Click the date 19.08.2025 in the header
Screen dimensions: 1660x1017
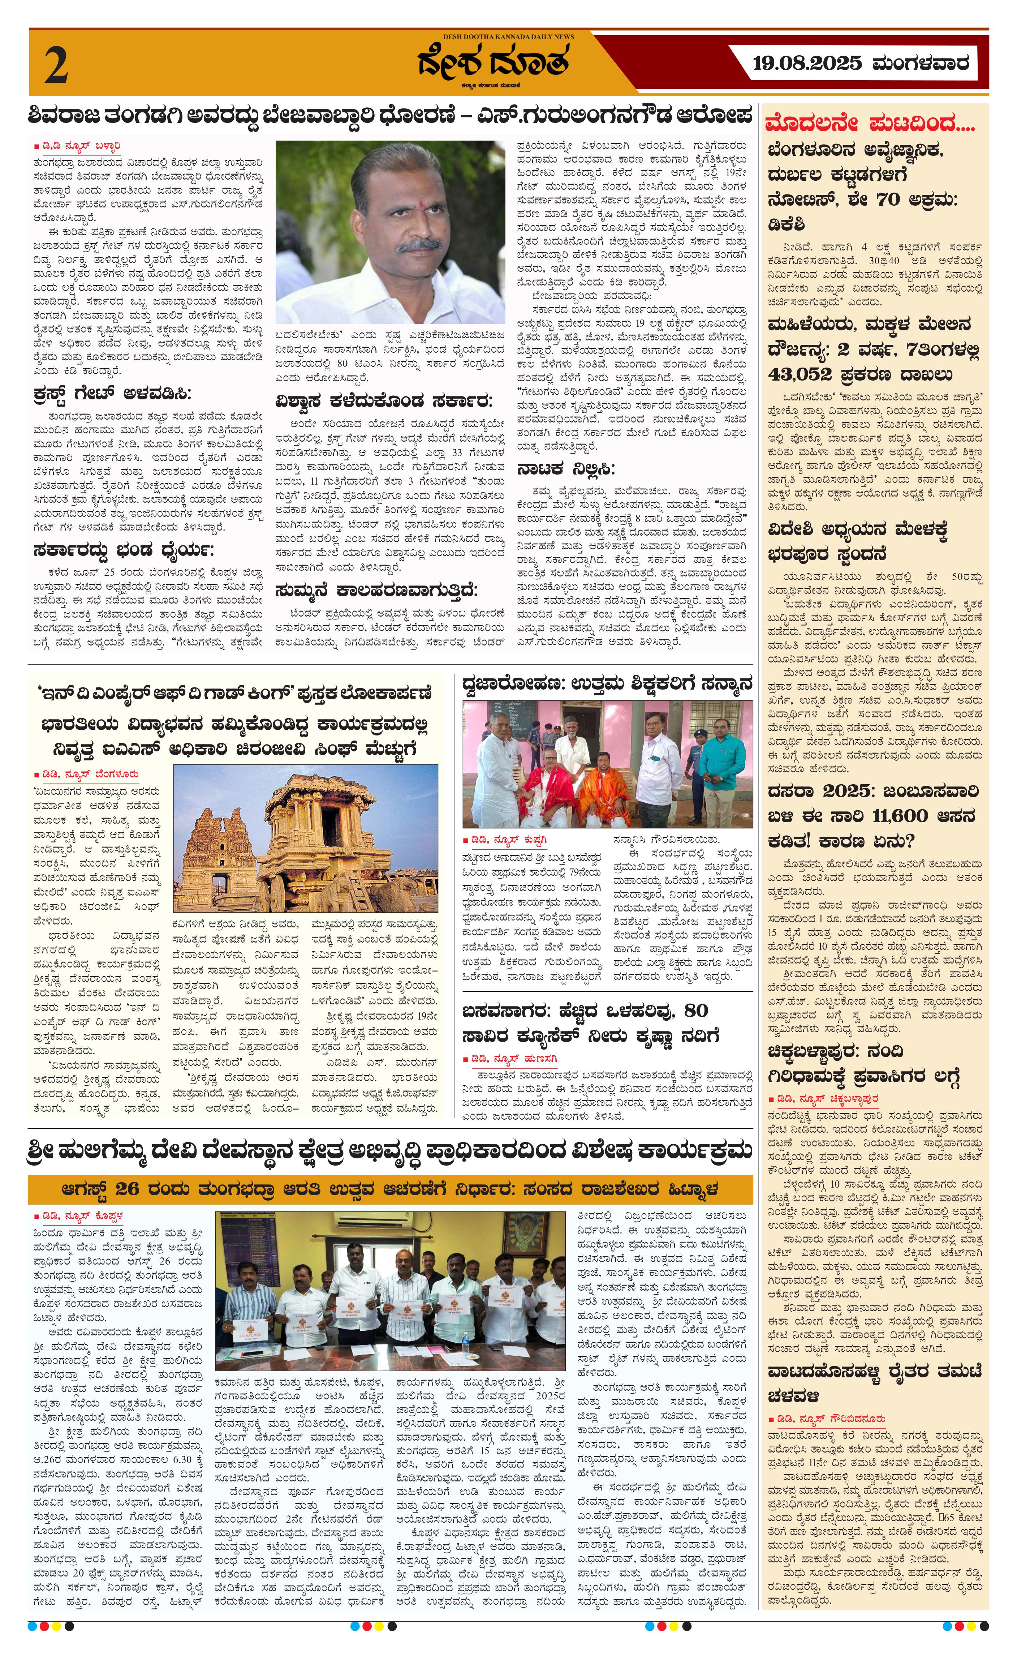click(807, 64)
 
